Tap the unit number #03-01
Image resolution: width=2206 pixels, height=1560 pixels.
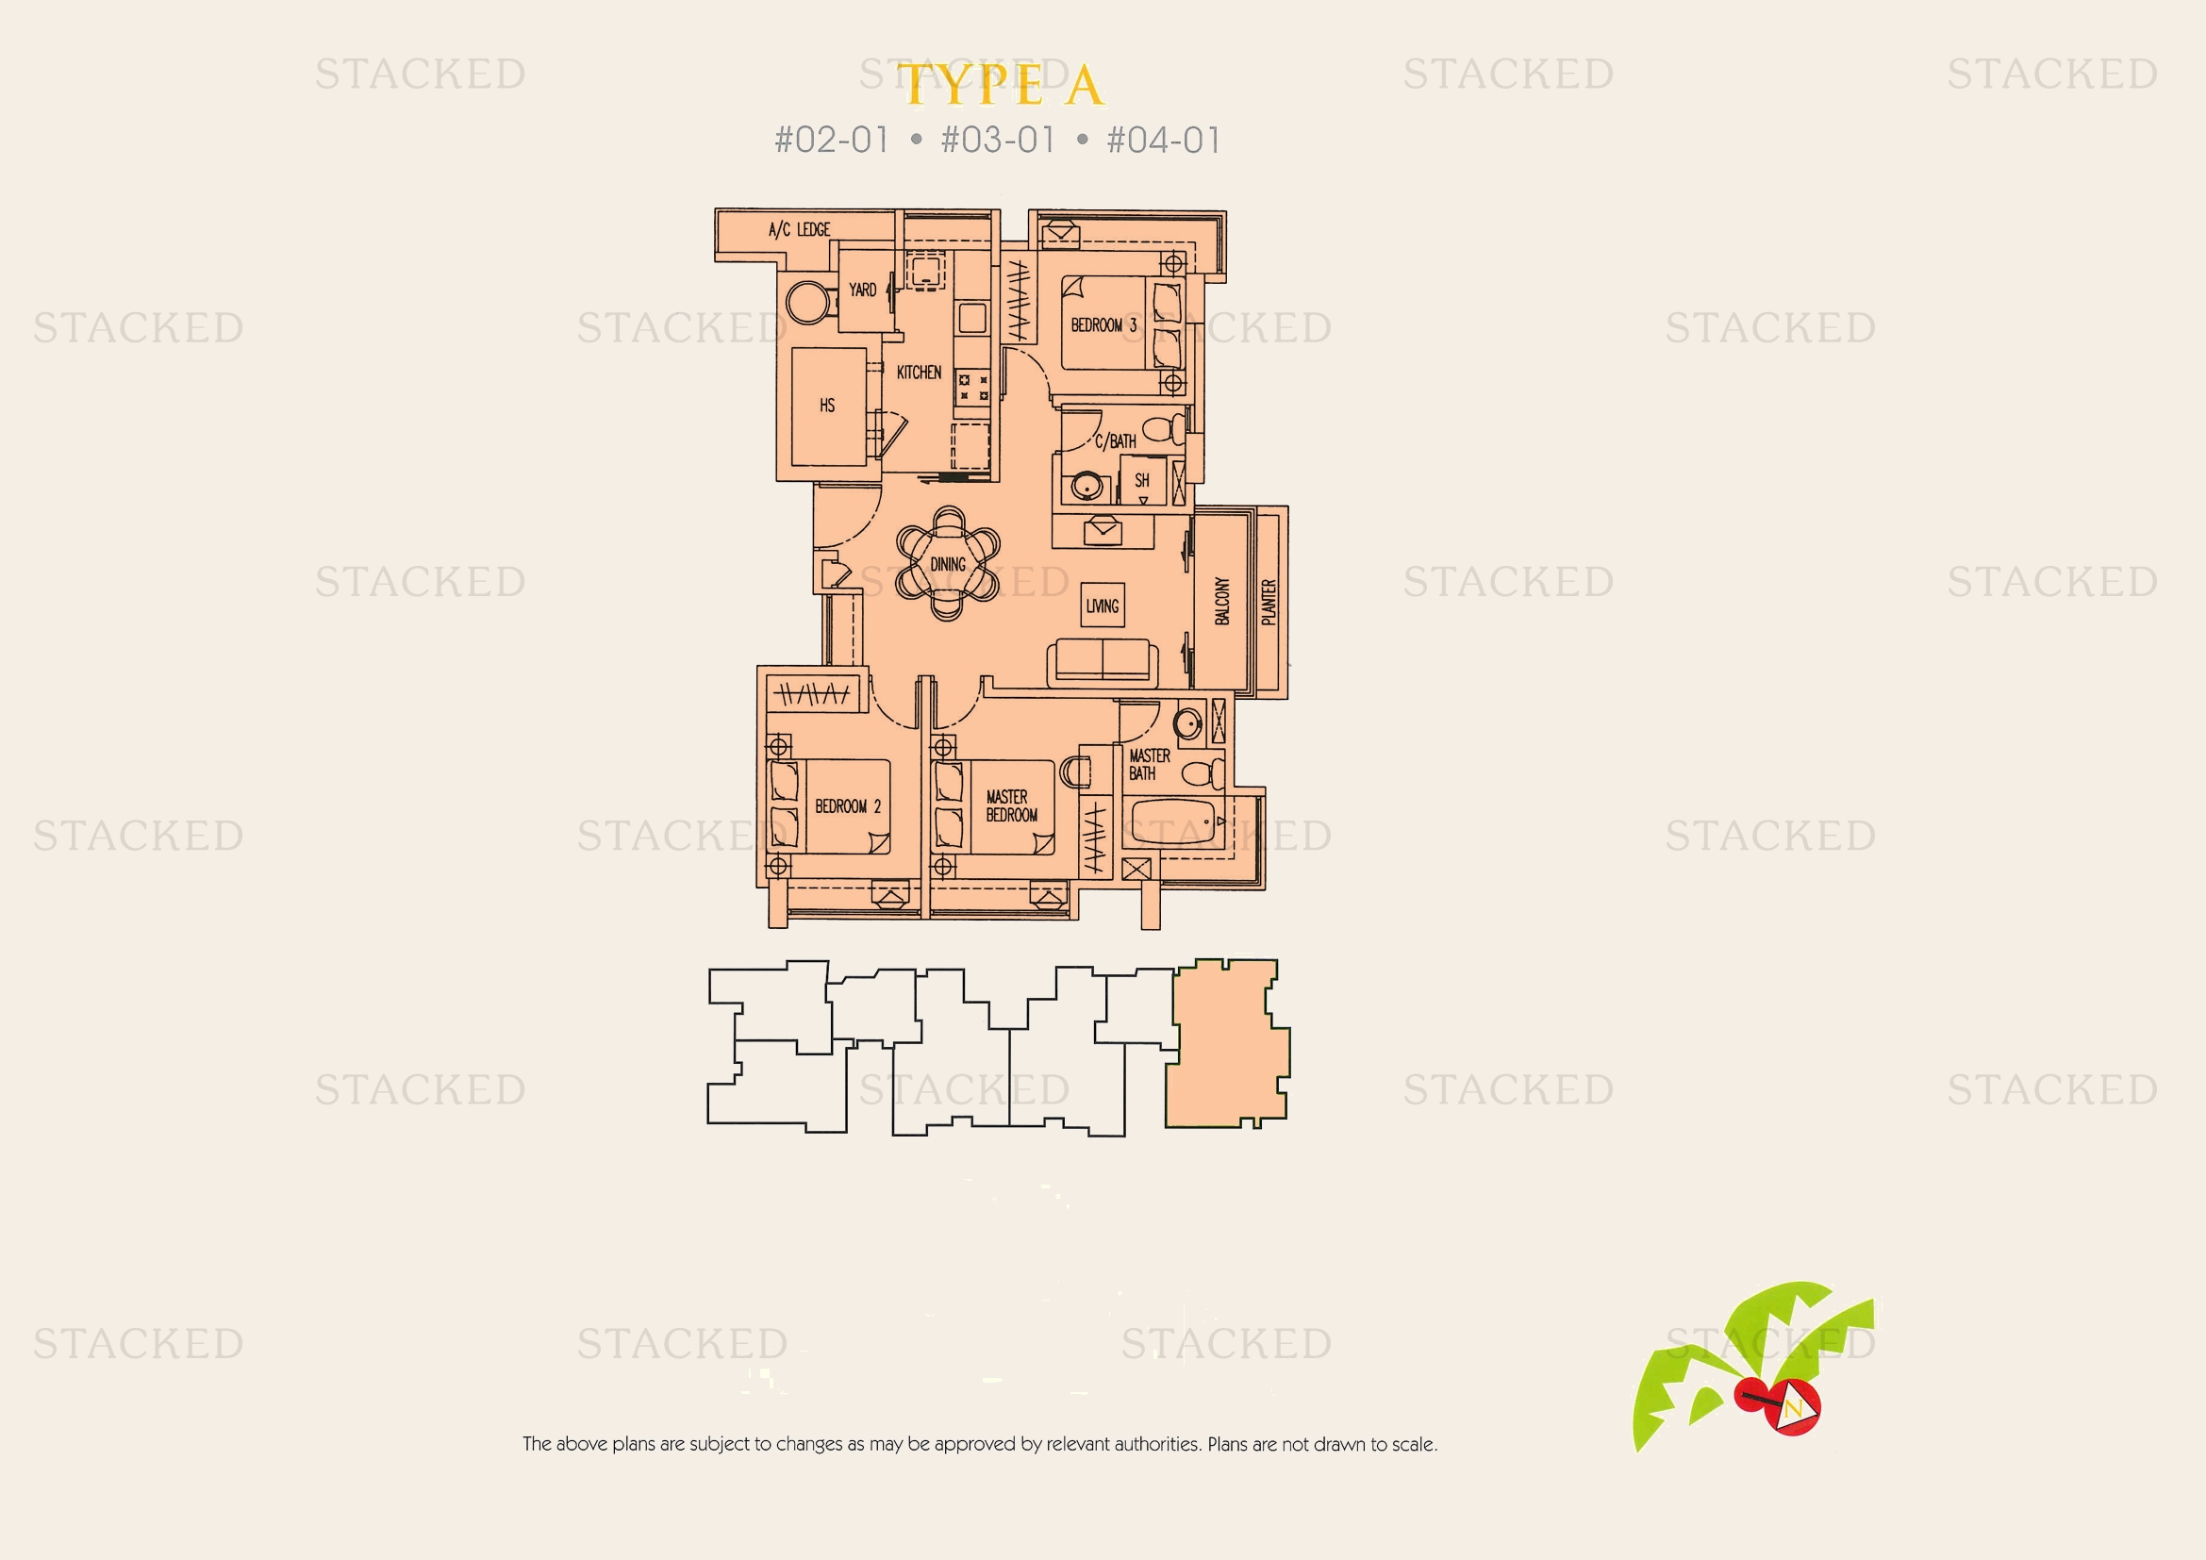click(998, 141)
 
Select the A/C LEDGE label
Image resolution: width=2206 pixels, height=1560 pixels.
click(800, 229)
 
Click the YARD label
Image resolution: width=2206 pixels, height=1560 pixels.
click(862, 290)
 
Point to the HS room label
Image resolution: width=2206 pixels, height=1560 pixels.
click(827, 406)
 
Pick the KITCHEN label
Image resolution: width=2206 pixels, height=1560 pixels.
click(919, 372)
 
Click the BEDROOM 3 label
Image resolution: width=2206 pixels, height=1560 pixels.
click(1104, 324)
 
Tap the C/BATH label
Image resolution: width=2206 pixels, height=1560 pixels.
click(1116, 440)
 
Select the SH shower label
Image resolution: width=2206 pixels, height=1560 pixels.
click(1141, 479)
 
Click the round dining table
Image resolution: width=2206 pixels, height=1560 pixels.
click(947, 564)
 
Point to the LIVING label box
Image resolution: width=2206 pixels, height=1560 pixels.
click(1102, 606)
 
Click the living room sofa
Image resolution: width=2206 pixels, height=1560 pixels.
click(1102, 662)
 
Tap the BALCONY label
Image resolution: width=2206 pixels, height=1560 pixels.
click(1222, 602)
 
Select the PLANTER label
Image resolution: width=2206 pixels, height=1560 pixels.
click(1269, 603)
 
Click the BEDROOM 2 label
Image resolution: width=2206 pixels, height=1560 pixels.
click(848, 805)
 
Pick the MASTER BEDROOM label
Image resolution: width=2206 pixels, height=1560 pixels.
click(1011, 805)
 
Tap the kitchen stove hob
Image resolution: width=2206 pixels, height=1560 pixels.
click(972, 387)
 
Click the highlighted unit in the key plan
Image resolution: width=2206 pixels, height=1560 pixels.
click(1227, 1043)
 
